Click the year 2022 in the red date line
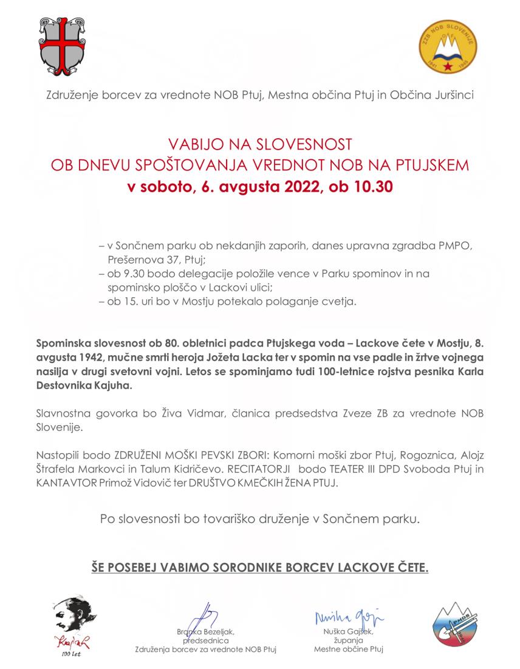tap(298, 187)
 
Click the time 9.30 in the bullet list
tap(131, 274)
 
